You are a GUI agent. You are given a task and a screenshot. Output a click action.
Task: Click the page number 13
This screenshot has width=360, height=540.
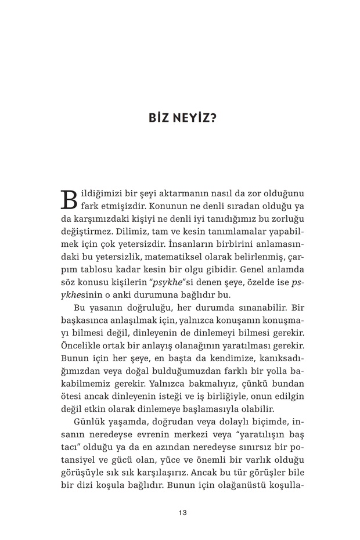click(x=182, y=513)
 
